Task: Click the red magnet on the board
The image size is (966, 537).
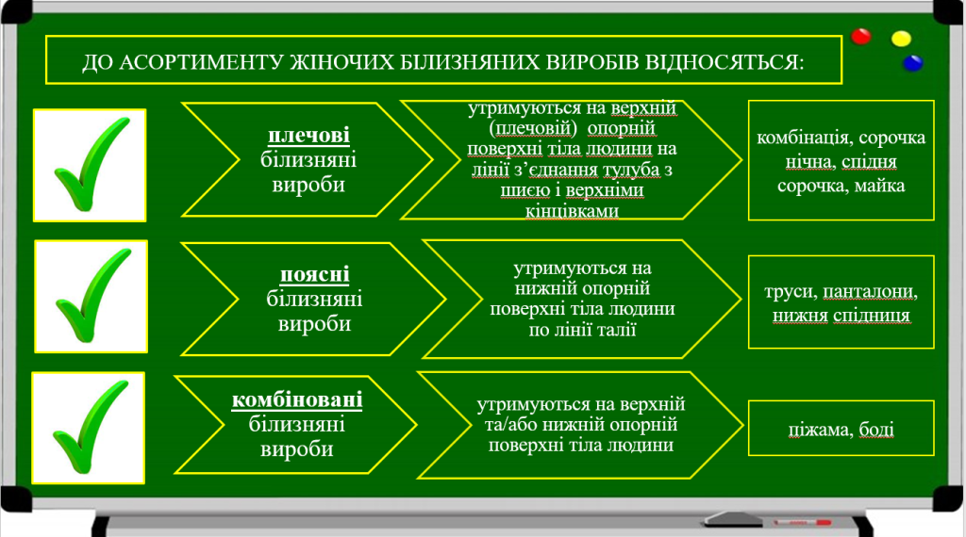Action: tap(860, 37)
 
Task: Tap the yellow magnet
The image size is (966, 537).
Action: tap(901, 39)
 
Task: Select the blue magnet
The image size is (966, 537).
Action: tap(912, 63)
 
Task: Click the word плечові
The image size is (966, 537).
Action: tap(308, 136)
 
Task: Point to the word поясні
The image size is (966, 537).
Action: tap(315, 274)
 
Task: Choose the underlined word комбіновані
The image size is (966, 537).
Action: tap(297, 399)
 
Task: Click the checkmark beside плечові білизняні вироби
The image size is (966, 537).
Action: tap(92, 165)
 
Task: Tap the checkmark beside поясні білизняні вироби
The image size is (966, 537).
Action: tap(93, 296)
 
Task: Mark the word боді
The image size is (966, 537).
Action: tap(876, 430)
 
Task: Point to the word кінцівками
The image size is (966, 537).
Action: tap(572, 211)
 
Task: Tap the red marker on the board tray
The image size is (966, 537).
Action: tap(802, 522)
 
